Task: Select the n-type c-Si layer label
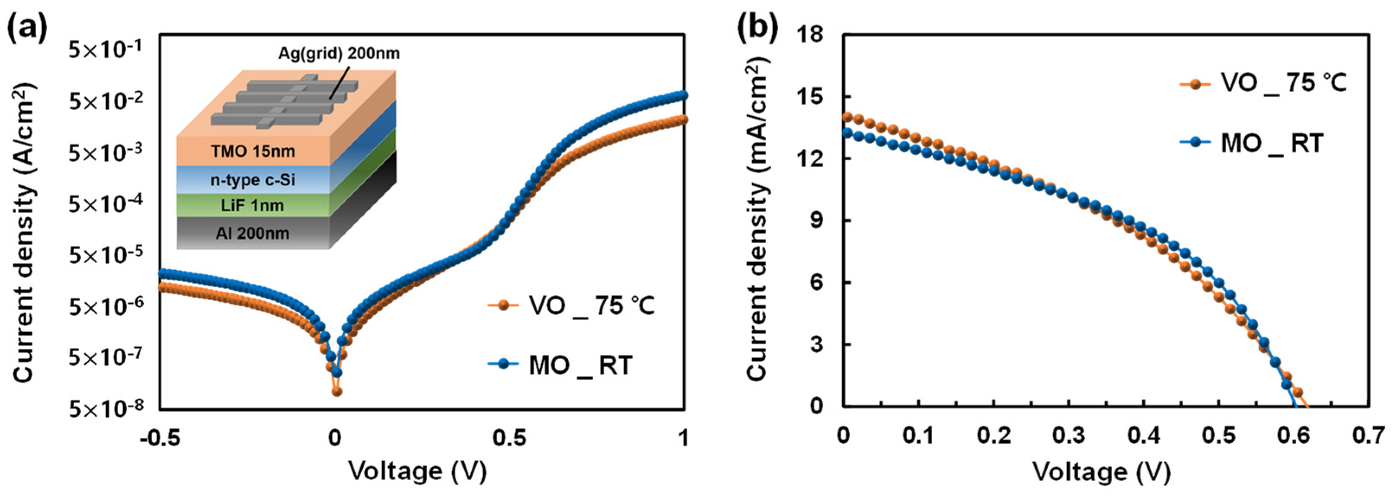point(253,180)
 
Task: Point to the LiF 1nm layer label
point(253,206)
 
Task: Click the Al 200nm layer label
point(253,233)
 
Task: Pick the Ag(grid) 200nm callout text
point(339,54)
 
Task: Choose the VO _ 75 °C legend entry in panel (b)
point(1282,84)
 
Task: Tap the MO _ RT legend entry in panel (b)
point(1272,143)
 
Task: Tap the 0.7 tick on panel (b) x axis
point(1370,436)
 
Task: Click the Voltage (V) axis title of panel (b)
point(1102,472)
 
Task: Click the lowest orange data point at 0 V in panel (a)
point(336,391)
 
